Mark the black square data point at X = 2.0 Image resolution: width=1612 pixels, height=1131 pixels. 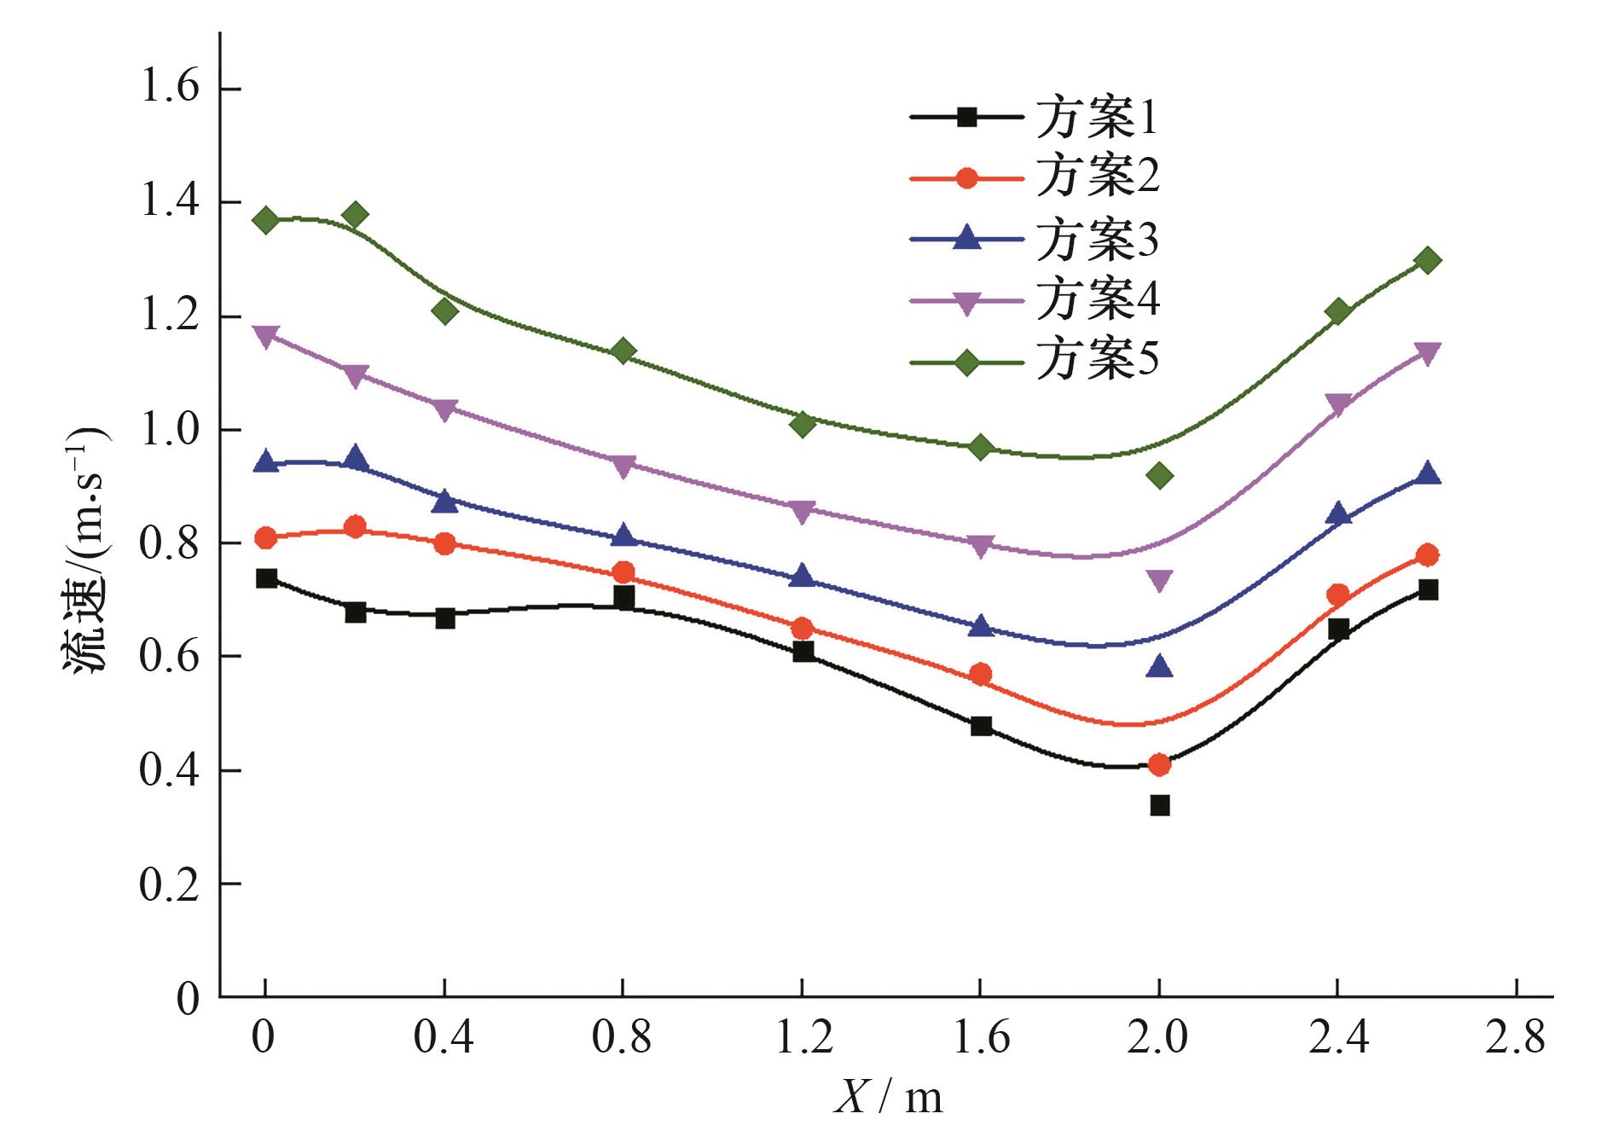[x=1159, y=805]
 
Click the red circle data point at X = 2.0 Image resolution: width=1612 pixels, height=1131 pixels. [x=1159, y=764]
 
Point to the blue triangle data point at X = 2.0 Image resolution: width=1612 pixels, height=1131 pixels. [x=1159, y=666]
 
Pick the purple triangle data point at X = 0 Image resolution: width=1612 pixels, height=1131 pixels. [x=266, y=337]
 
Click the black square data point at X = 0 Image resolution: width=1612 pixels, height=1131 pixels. [x=266, y=578]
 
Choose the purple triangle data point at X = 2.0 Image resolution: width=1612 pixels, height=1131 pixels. [x=1159, y=581]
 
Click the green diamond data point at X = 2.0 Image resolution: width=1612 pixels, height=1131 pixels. [x=1159, y=475]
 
